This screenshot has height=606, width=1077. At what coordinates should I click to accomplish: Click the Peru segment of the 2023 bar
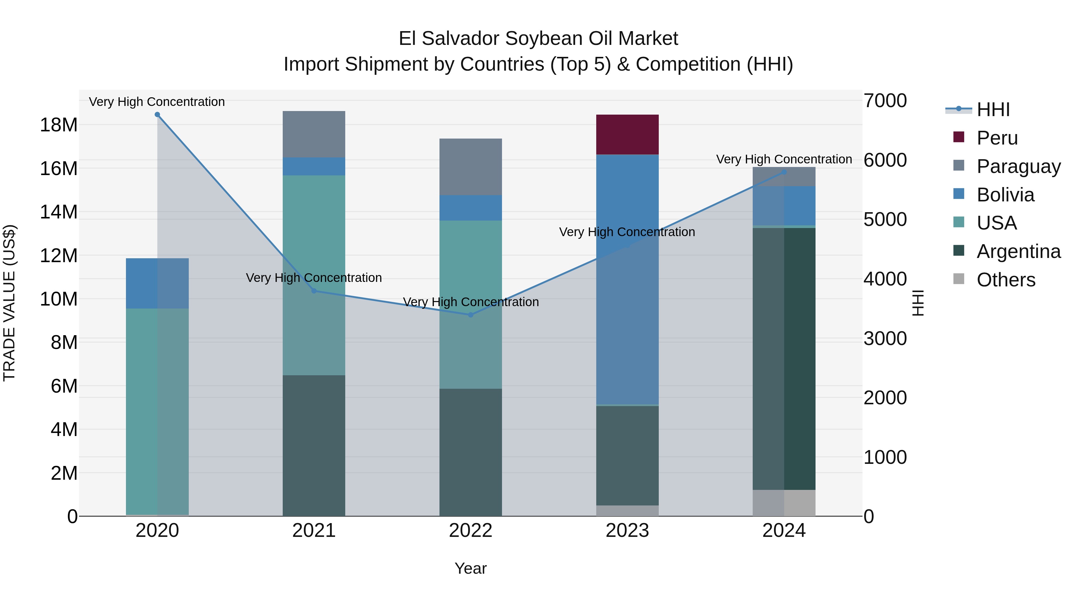tap(627, 134)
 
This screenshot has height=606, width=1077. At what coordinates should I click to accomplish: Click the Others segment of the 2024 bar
tap(784, 503)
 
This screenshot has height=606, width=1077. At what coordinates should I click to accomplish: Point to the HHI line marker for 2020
tap(157, 115)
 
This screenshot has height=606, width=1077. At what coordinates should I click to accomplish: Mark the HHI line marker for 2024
tap(784, 172)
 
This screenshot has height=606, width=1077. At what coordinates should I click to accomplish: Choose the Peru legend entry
tap(997, 138)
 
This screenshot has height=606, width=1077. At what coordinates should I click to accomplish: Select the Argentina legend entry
tap(1018, 251)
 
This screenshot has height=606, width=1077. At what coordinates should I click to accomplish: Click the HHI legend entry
tap(993, 110)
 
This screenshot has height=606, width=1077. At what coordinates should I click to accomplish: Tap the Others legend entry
tap(1005, 280)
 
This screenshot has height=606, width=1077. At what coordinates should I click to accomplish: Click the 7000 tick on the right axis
tap(885, 101)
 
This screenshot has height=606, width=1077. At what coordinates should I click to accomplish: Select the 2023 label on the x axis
tap(627, 531)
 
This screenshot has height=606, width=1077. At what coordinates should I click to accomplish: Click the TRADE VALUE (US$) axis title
tap(9, 303)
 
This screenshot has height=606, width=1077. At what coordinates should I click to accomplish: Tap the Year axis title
tap(470, 568)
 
